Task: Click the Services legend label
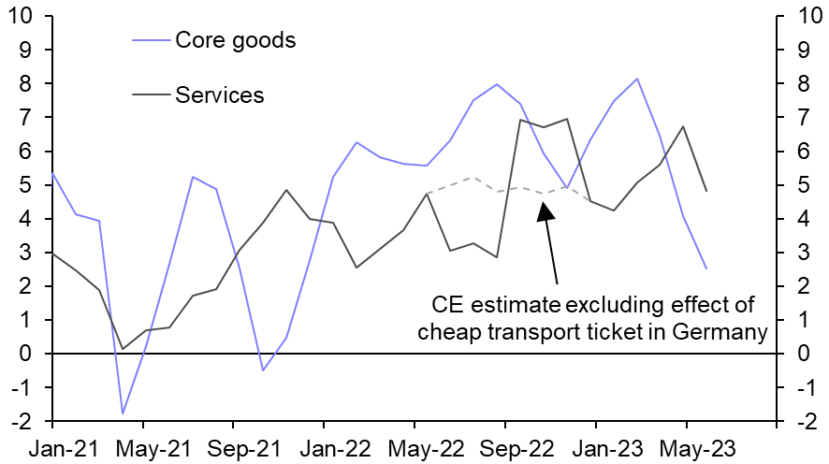(220, 94)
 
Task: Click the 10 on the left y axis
(20, 16)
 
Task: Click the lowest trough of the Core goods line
(123, 413)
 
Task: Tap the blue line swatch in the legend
(152, 40)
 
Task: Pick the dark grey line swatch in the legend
(152, 94)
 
